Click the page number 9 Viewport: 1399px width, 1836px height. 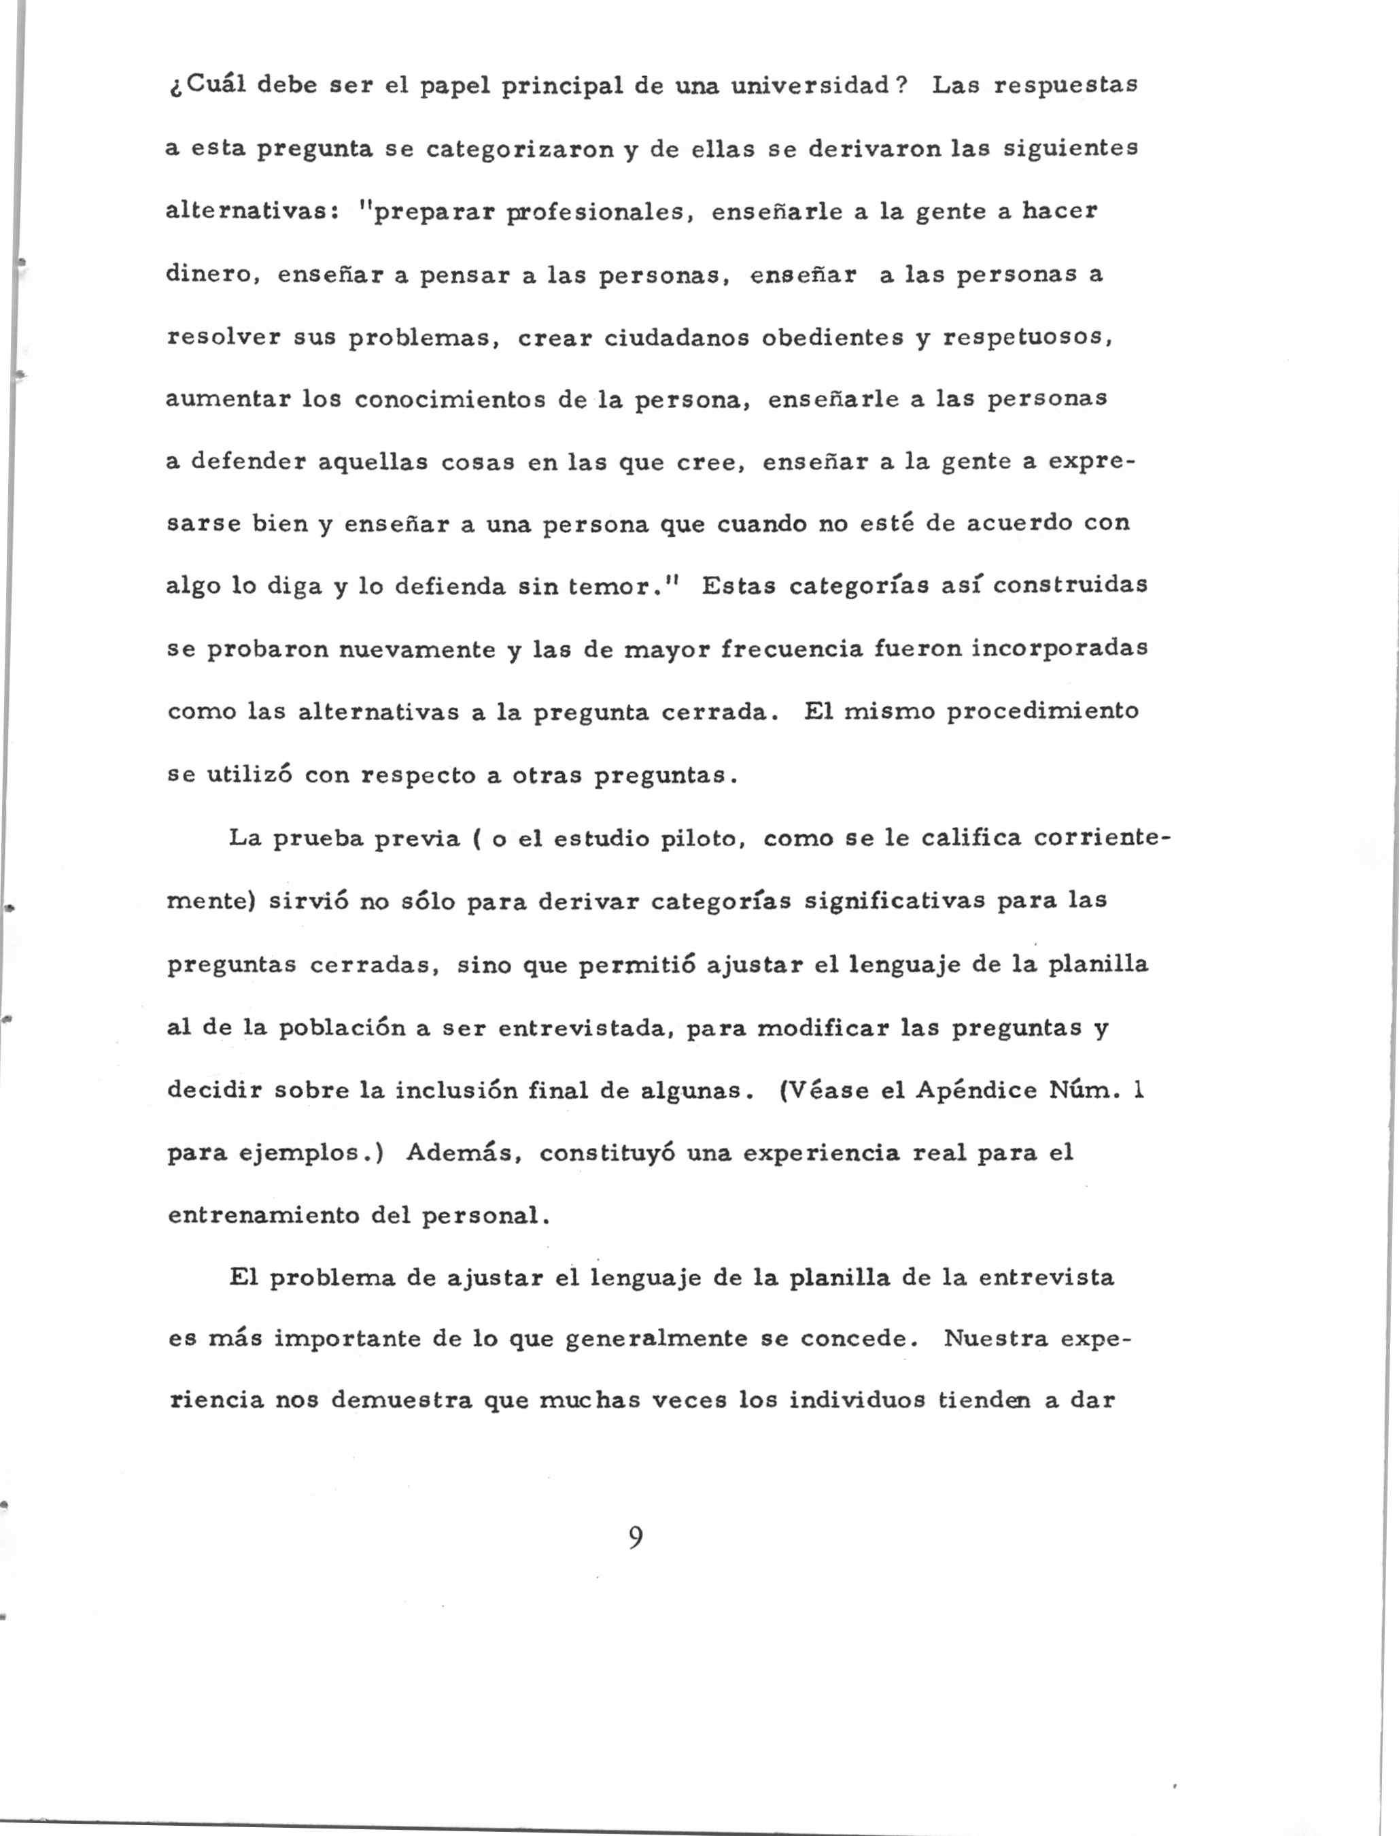tap(636, 1537)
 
